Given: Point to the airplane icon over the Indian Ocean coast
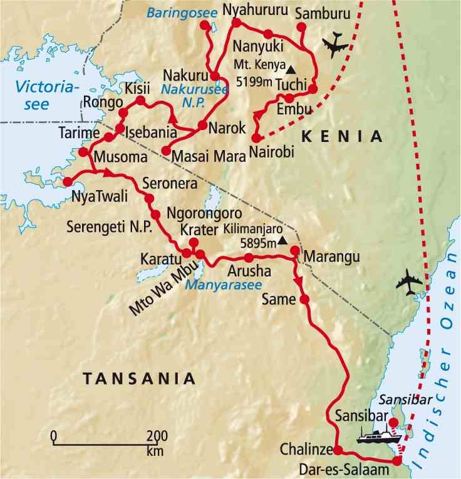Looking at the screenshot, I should coord(409,282).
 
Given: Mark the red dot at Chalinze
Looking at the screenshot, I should coord(338,450).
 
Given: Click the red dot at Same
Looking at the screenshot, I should coord(304,300).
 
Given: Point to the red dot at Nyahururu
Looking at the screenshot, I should coord(236,23).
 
